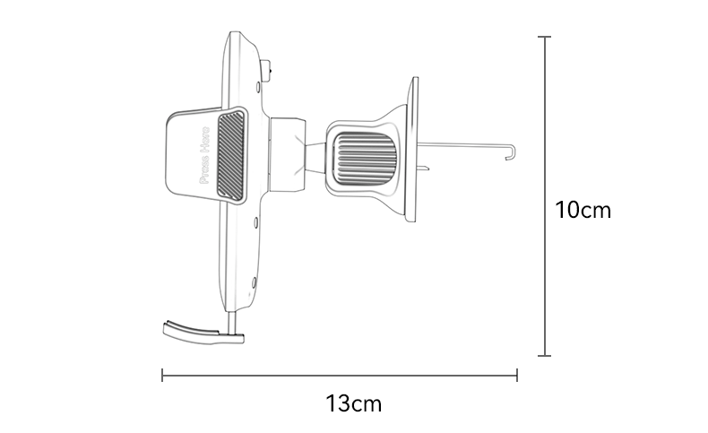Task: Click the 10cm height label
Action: point(583,211)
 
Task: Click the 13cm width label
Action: point(353,403)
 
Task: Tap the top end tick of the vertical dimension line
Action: point(544,37)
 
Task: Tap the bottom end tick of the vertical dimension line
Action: point(544,356)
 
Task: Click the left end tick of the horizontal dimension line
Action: point(162,375)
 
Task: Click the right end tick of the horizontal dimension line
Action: point(517,375)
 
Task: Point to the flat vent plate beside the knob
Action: point(412,148)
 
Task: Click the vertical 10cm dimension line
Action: point(544,269)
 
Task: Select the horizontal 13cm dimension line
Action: point(269,375)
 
